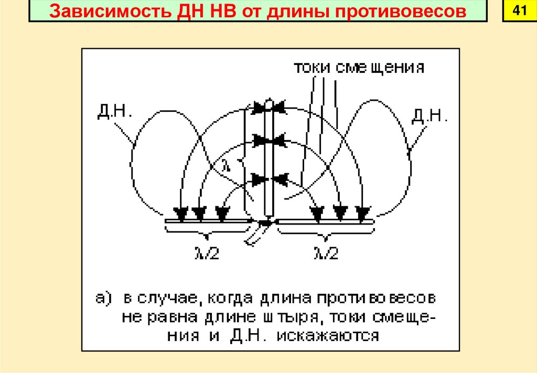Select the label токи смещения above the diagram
pyautogui.click(x=359, y=69)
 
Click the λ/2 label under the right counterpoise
pyautogui.click(x=326, y=253)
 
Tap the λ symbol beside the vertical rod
pyautogui.click(x=225, y=163)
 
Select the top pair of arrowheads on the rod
pyautogui.click(x=268, y=108)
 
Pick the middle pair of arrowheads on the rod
pyautogui.click(x=268, y=141)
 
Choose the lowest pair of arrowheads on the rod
pyautogui.click(x=268, y=179)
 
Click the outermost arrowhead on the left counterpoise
pyautogui.click(x=181, y=214)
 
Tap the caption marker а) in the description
pyautogui.click(x=104, y=298)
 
